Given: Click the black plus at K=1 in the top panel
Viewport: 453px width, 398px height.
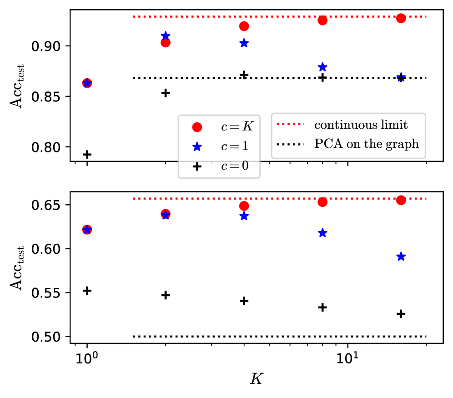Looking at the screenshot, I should pos(87,154).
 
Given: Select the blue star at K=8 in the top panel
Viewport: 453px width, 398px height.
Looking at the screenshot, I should pos(322,67).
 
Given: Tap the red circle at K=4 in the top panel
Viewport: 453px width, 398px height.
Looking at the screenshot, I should pos(244,26).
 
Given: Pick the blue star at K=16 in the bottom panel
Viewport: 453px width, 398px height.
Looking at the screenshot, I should pos(401,257).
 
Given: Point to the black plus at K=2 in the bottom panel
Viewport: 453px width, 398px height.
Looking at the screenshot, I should pos(166,295).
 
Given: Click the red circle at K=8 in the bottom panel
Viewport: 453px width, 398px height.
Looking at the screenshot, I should pos(322,202).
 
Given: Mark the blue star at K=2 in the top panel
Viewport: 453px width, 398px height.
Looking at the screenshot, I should pos(166,36).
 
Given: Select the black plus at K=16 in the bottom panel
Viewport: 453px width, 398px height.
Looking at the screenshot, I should pos(401,314).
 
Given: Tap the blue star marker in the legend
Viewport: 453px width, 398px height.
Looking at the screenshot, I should pos(196,146).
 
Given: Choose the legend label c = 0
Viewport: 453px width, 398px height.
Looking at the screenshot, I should pos(234,166).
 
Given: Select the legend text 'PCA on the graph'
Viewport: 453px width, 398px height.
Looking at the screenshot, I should pos(367,145).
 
